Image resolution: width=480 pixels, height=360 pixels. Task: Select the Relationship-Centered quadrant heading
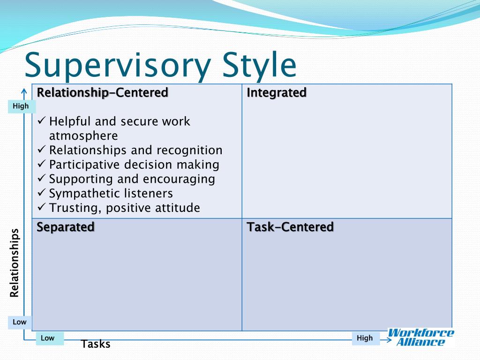(103, 92)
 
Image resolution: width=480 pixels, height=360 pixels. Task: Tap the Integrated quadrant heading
(277, 93)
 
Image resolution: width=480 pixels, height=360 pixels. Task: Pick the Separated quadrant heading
(66, 227)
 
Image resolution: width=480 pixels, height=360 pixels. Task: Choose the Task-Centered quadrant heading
(290, 227)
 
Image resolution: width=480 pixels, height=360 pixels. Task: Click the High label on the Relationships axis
(21, 106)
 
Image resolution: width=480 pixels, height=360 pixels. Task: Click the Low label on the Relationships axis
(19, 322)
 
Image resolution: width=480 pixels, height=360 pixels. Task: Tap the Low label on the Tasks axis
(47, 338)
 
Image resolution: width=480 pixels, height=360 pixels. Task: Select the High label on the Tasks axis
(365, 338)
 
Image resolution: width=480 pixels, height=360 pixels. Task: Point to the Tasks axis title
(96, 344)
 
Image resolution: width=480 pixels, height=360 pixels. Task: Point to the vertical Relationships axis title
(15, 263)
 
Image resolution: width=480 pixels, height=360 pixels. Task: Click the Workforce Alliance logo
(421, 337)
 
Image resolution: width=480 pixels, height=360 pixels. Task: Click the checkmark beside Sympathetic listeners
(41, 192)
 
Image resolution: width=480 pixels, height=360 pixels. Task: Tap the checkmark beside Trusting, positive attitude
(41, 207)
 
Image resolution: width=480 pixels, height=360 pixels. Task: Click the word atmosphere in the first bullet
(83, 136)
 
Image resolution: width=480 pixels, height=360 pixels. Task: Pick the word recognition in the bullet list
(189, 150)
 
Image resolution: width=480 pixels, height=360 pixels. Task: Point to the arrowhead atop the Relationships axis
(24, 90)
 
